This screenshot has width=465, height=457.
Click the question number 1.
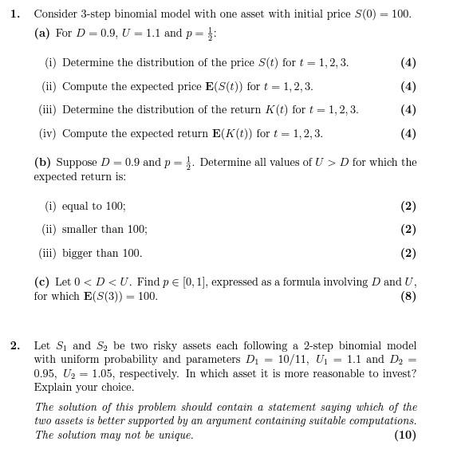[x=14, y=14]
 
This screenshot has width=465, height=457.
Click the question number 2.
[x=14, y=345]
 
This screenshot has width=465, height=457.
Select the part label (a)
[x=42, y=33]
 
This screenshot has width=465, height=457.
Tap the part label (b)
[x=42, y=163]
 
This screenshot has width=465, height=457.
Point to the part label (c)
[x=41, y=282]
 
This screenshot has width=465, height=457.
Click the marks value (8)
[x=408, y=297]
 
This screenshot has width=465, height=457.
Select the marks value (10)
[x=404, y=435]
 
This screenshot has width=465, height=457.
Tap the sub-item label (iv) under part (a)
[x=49, y=134]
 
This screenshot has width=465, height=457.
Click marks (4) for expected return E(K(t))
[x=408, y=134]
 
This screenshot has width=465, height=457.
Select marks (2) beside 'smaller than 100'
[x=408, y=230]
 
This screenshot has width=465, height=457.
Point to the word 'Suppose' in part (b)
[x=77, y=163]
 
